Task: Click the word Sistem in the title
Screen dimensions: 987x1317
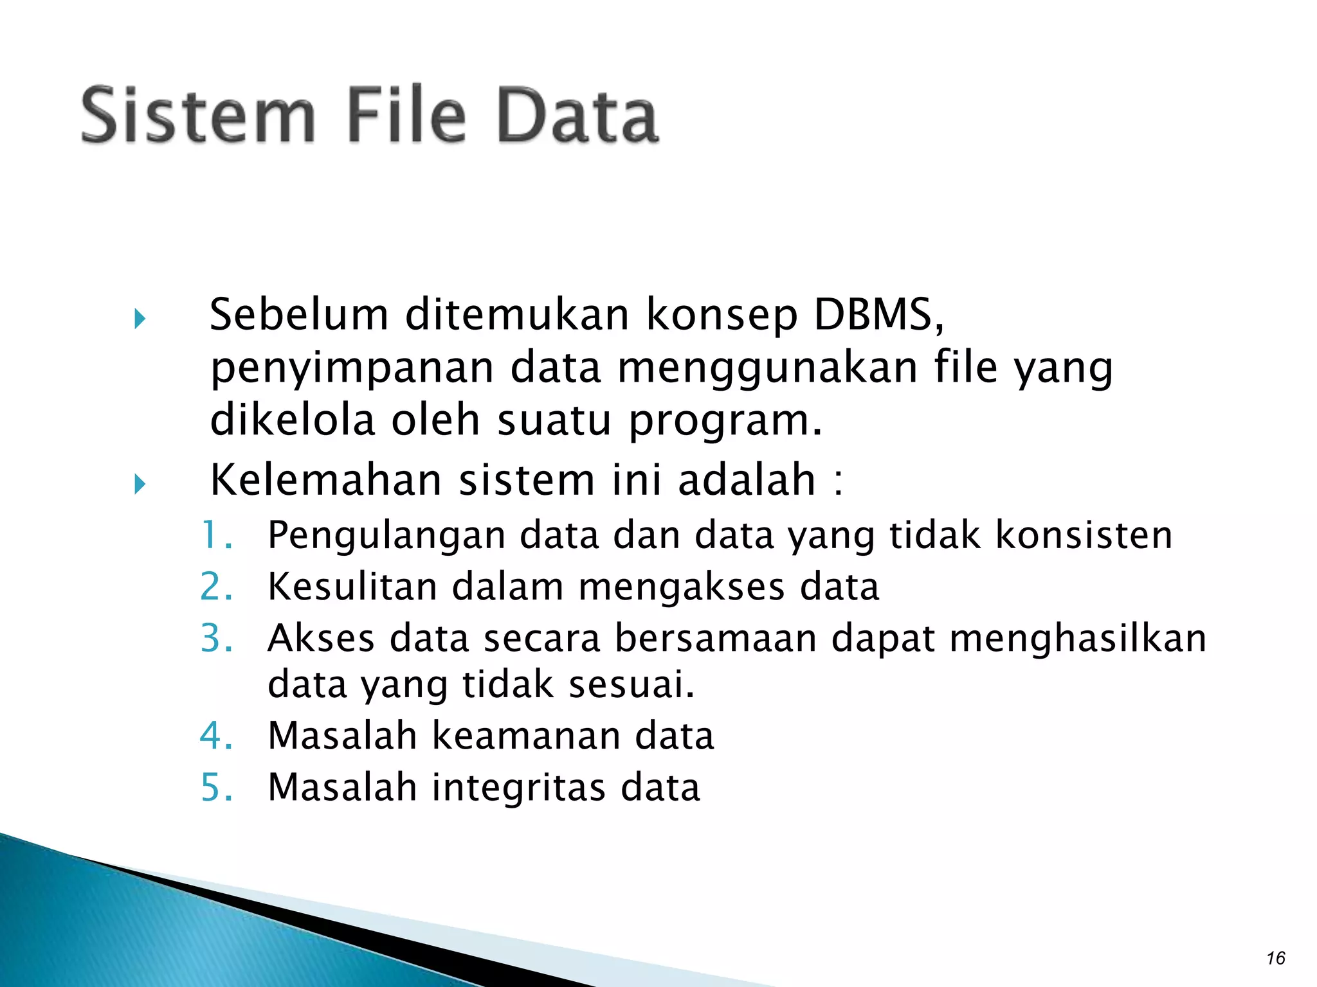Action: (x=198, y=116)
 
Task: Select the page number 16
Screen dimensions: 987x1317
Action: (x=1275, y=958)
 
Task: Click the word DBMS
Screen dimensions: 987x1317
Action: (x=878, y=315)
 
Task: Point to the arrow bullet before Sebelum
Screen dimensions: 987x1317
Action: (x=140, y=319)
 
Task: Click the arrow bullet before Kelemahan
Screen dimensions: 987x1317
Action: (x=140, y=484)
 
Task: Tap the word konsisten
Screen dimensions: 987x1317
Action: (x=1084, y=535)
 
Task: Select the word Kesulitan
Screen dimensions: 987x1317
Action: (x=352, y=587)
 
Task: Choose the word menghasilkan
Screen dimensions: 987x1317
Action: (x=1078, y=638)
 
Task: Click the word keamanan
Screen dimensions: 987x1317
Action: (x=525, y=735)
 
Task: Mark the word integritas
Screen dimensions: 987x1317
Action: (x=518, y=788)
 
